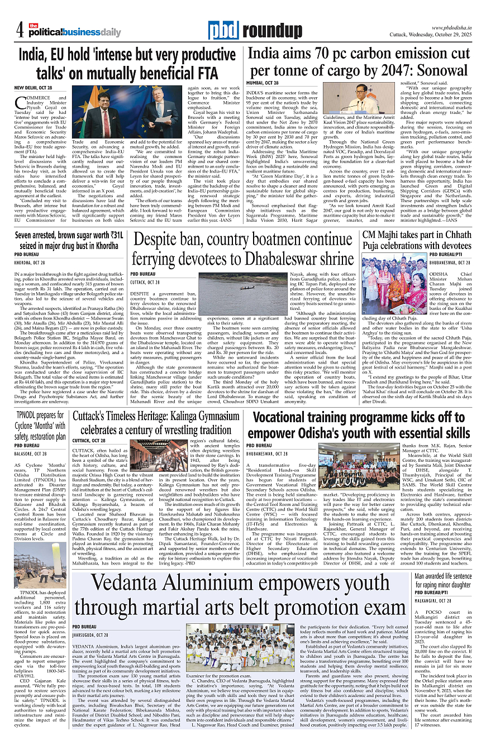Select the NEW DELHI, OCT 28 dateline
coord(33,88)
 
